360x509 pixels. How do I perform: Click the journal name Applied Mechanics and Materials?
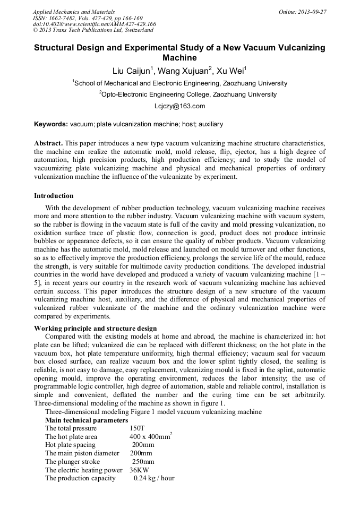point(74,12)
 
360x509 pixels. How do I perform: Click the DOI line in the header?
point(95,24)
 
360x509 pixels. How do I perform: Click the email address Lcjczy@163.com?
point(179,106)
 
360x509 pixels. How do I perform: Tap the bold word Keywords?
point(50,124)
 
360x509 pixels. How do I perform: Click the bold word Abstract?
point(48,144)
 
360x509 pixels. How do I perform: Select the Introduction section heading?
point(54,196)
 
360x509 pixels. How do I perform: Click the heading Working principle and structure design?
point(95,329)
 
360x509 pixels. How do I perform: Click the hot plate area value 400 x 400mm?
point(150,437)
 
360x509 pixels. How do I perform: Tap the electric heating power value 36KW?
point(139,470)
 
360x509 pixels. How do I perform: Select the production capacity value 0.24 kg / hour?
point(154,478)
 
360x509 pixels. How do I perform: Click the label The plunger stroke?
point(72,462)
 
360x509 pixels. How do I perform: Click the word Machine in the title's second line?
point(179,58)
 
